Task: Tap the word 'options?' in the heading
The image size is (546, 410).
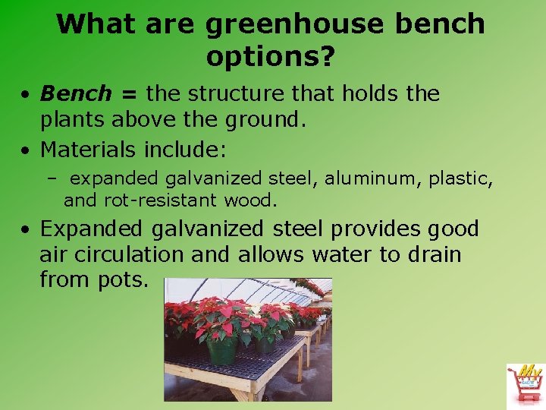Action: pyautogui.click(x=271, y=57)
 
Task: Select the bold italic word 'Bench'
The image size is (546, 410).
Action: pyautogui.click(x=75, y=94)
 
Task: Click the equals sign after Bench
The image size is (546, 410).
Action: pyautogui.click(x=128, y=95)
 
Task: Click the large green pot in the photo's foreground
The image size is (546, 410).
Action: pyautogui.click(x=221, y=351)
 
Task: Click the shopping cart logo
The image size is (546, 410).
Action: pyautogui.click(x=525, y=386)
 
